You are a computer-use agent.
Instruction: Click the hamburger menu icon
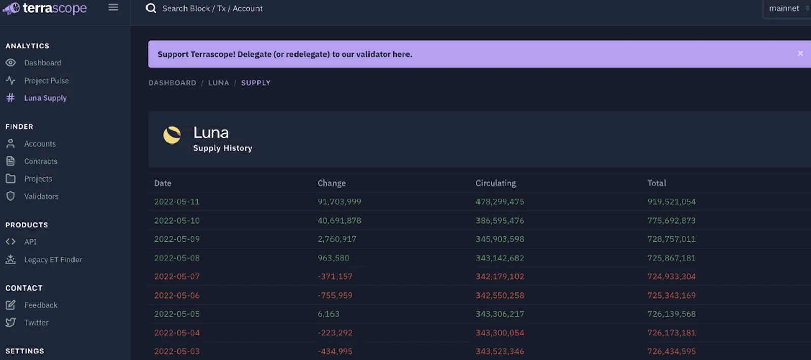[x=113, y=7]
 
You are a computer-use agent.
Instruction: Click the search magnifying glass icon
[x=151, y=8]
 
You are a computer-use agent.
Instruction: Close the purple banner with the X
[x=800, y=54]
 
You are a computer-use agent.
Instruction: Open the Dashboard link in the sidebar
[x=43, y=63]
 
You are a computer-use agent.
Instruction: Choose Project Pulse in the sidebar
[x=46, y=81]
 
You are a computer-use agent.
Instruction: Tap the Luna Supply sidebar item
[x=46, y=98]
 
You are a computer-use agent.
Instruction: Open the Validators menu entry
[x=41, y=196]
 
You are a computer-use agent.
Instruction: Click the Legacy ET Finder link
[x=53, y=259]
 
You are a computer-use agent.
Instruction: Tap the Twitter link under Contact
[x=36, y=322]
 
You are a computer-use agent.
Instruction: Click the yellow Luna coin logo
[x=172, y=135]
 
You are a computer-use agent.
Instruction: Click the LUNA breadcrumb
[x=218, y=83]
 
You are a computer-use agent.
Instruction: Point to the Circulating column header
[x=496, y=183]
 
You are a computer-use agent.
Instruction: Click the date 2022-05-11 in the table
[x=177, y=202]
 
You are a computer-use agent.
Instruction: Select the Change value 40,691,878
[x=339, y=221]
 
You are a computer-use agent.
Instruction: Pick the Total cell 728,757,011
[x=671, y=239]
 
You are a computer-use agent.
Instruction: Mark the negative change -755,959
[x=335, y=296]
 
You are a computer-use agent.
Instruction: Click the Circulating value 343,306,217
[x=500, y=314]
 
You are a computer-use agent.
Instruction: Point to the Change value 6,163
[x=328, y=314]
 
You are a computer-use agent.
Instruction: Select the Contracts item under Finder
[x=41, y=161]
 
